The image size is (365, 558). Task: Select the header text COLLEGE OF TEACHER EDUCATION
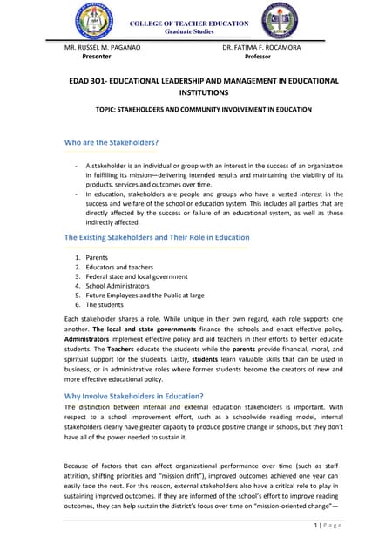(183, 23)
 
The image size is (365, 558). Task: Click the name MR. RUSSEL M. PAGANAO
(102, 47)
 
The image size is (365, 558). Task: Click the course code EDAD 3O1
(91, 81)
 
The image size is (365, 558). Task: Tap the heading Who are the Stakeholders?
(112, 142)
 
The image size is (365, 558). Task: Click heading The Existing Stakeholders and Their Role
(157, 237)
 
